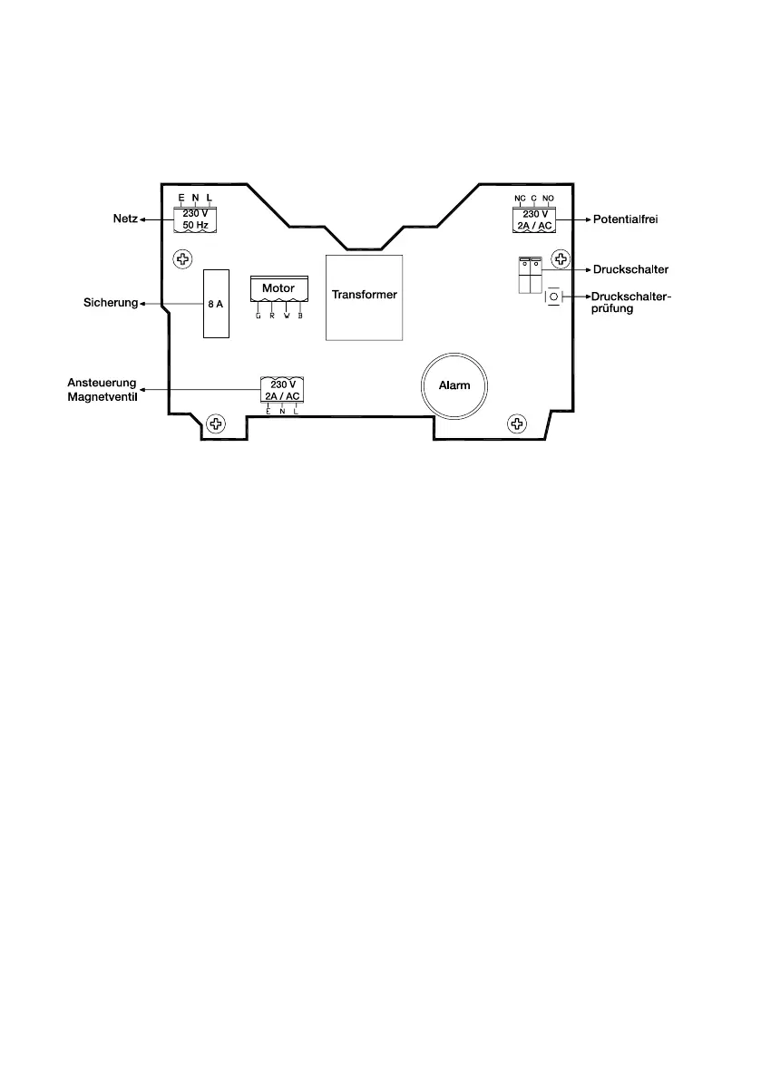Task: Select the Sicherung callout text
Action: pos(104,304)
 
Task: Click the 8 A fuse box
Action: pos(215,304)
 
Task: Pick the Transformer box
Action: pos(365,296)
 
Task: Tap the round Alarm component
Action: pos(454,385)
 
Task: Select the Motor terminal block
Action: pos(278,289)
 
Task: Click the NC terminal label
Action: pos(520,198)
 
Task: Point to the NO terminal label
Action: pos(548,198)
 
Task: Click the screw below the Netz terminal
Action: pos(183,260)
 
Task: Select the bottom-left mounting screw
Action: pos(215,423)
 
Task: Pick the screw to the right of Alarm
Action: pos(516,423)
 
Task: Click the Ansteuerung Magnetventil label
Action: pos(104,390)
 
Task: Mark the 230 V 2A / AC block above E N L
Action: pos(282,390)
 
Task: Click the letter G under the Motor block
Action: pos(259,316)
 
